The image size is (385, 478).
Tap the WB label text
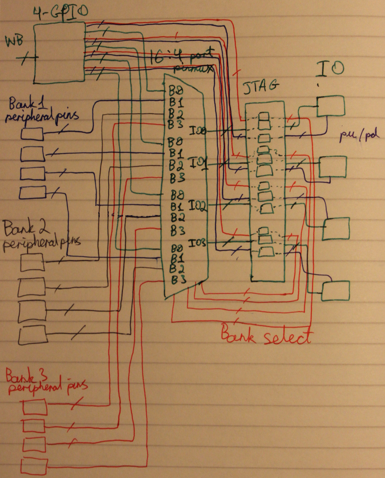[x=13, y=41]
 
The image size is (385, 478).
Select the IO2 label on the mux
[x=198, y=205]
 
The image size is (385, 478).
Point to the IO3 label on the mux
[x=198, y=244]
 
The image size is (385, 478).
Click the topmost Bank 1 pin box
[x=32, y=134]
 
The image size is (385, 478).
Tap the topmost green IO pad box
[x=331, y=106]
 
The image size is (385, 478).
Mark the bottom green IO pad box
[x=335, y=290]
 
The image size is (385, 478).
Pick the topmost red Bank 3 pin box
[x=35, y=408]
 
